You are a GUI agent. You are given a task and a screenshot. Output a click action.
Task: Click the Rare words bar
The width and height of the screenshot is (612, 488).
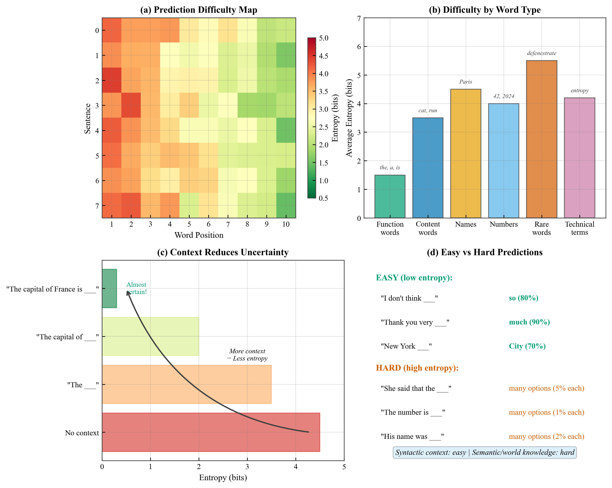pos(541,139)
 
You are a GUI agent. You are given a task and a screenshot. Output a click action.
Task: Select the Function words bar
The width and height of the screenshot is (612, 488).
pos(390,196)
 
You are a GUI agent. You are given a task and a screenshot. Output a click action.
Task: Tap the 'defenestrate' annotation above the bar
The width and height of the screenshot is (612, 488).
pos(541,53)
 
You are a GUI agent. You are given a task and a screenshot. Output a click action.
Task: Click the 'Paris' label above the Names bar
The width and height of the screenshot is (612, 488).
pos(465,82)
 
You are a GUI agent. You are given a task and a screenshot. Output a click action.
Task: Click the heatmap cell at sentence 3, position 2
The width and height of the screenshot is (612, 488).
pos(131,105)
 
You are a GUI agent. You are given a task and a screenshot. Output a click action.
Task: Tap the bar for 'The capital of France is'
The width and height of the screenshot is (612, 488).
pos(109,288)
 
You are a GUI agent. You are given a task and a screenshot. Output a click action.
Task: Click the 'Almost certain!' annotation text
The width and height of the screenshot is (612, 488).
pos(137,288)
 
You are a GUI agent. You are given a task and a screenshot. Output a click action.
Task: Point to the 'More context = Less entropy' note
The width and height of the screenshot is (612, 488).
pos(247,355)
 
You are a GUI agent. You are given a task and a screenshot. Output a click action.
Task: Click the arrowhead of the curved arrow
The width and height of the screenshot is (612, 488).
pos(128,293)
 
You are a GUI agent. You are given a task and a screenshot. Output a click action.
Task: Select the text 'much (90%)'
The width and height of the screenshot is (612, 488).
pos(529,322)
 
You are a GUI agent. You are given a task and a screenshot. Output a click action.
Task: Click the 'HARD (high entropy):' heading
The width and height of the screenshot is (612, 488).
pos(417,368)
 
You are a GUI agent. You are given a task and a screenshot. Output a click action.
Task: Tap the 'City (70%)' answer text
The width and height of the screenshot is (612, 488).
pos(527,346)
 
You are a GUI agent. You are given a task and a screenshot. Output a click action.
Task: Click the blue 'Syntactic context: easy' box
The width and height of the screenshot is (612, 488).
pos(484,452)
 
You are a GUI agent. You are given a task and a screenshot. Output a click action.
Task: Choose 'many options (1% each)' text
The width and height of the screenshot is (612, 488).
pos(546,412)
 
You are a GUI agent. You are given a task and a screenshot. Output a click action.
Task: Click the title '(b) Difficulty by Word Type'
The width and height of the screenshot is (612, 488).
pos(484,10)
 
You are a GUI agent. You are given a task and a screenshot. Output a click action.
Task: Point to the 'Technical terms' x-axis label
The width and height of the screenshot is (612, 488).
pos(579,228)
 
